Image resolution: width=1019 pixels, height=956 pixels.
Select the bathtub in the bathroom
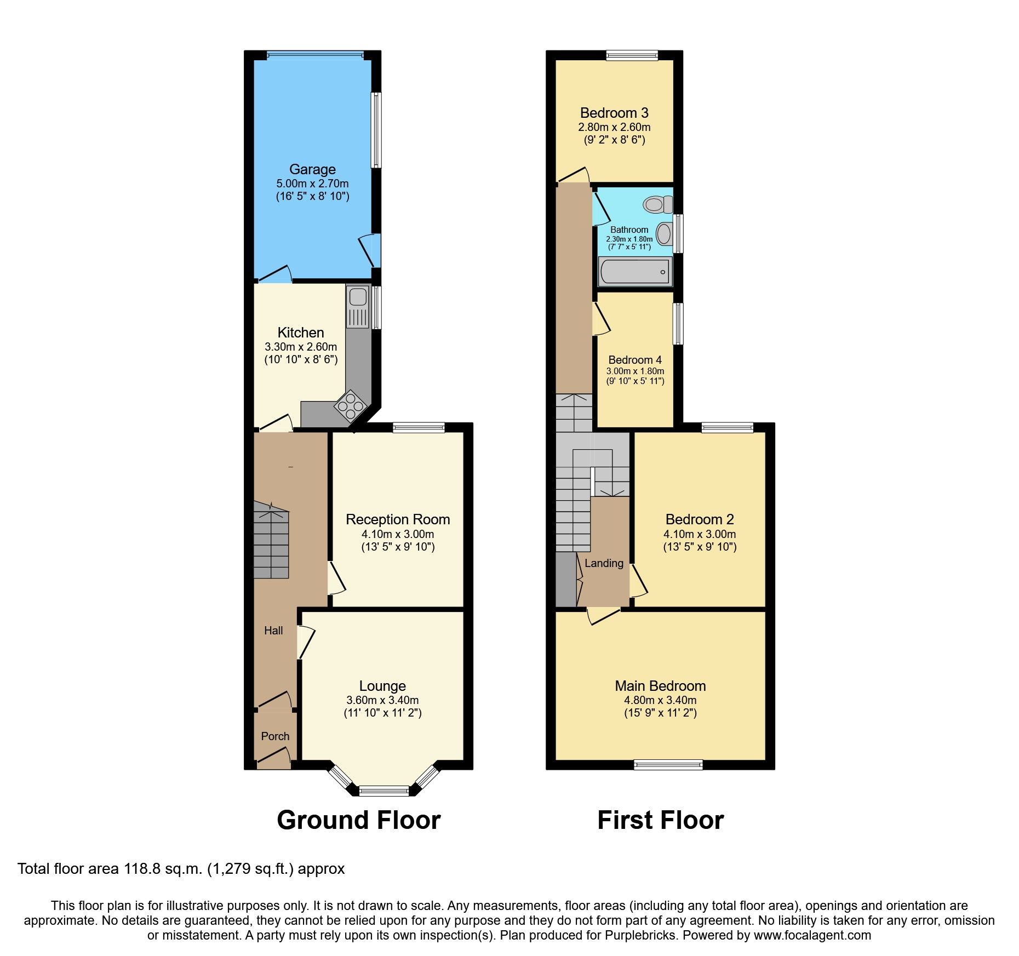coord(635,272)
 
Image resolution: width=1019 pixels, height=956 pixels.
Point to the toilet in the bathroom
coord(658,205)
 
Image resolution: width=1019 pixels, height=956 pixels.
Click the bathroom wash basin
coord(664,234)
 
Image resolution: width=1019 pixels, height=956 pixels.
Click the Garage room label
coord(312,169)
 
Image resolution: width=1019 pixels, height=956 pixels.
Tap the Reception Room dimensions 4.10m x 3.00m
coord(398,534)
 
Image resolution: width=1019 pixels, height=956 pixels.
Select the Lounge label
coord(382,686)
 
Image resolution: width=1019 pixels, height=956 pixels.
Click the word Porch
coord(275,736)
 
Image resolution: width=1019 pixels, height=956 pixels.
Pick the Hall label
coord(273,631)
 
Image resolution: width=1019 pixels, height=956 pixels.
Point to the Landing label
coord(604,563)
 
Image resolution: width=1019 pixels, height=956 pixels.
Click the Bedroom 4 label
coord(635,360)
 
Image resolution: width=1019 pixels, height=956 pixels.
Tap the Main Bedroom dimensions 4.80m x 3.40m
coord(660,700)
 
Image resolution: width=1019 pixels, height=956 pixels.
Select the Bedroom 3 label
coord(614,113)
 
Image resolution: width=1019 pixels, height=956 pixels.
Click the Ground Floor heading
coord(359,820)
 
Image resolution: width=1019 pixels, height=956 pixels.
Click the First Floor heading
coord(660,820)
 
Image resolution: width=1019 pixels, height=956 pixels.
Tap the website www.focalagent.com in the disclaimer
coord(812,936)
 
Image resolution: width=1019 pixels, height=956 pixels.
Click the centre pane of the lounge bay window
coord(384,790)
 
